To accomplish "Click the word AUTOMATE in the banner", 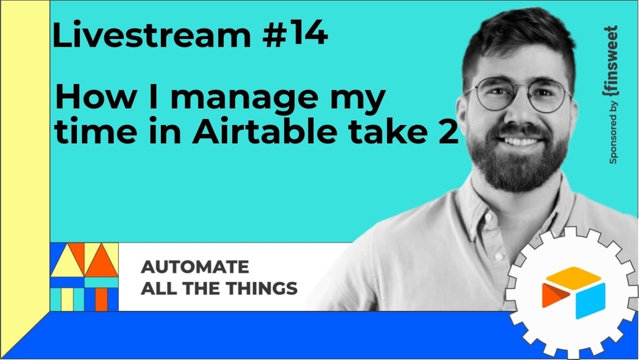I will coord(195,266).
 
